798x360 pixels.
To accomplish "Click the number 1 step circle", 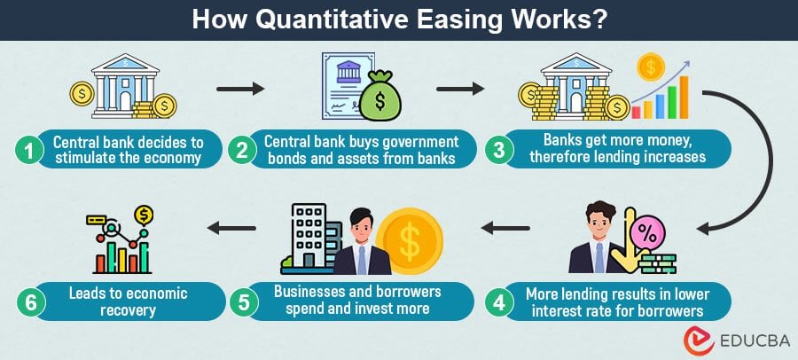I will [x=30, y=150].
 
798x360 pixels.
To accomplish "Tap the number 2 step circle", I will [x=241, y=150].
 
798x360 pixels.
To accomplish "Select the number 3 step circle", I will [x=500, y=150].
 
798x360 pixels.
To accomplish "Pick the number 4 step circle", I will [x=501, y=301].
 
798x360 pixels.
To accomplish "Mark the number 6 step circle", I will [x=30, y=301].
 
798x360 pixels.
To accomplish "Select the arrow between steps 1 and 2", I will [x=241, y=89].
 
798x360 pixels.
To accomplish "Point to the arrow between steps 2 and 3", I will [x=461, y=89].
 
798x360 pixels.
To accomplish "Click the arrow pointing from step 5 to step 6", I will [x=231, y=229].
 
